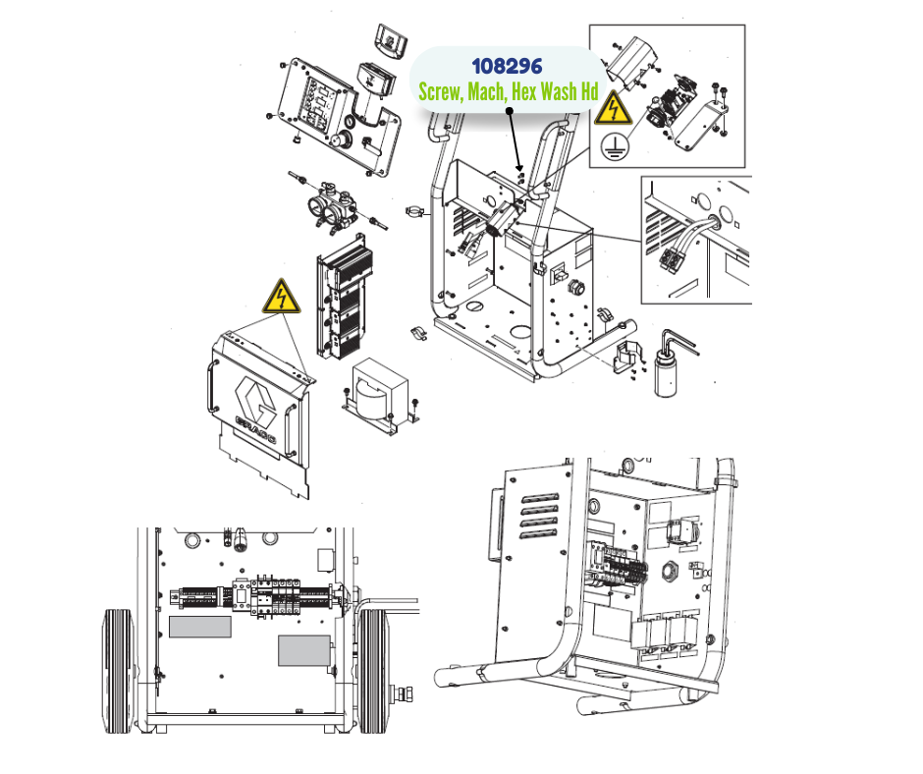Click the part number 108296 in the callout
click(507, 67)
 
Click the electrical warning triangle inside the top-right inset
click(613, 108)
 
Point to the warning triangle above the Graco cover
click(281, 297)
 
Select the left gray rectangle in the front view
click(199, 627)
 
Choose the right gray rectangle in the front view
click(304, 649)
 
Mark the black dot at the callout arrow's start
click(510, 112)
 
